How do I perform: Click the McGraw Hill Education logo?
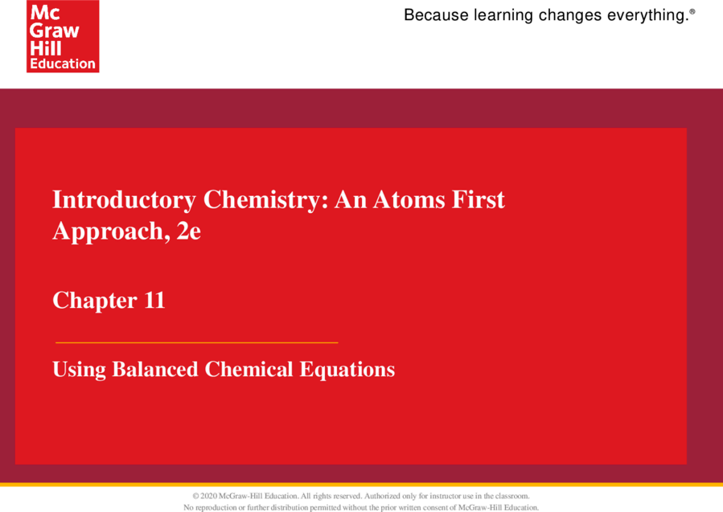[63, 36]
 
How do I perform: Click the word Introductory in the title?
[124, 200]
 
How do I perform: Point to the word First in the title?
[479, 199]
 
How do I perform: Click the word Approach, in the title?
[108, 231]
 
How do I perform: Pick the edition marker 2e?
[188, 231]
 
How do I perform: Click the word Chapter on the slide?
[95, 301]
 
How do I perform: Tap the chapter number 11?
[154, 300]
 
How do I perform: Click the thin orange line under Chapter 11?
[197, 342]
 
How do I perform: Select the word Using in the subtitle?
[79, 370]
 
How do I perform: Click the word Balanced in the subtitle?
[155, 369]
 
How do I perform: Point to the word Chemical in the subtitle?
[249, 369]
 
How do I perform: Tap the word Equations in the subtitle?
[347, 370]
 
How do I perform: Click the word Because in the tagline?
[436, 15]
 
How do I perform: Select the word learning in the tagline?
[503, 16]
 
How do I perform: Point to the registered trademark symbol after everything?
[692, 11]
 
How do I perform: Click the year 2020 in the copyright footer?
[208, 496]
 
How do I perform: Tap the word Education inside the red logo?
[63, 63]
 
